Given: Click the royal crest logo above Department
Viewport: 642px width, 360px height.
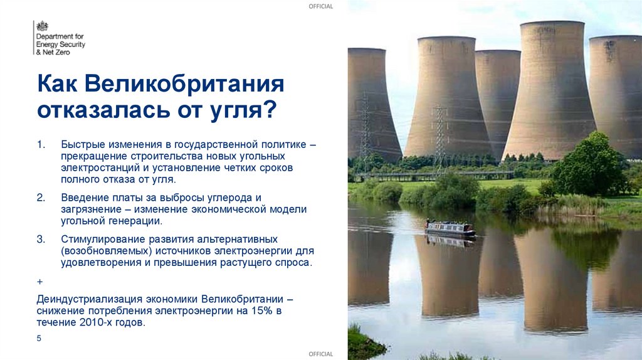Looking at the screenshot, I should (42, 27).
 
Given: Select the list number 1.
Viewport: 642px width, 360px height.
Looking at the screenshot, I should (41, 145).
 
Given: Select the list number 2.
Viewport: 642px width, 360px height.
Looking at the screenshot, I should (41, 198).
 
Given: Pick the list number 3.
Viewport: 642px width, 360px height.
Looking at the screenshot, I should (41, 240).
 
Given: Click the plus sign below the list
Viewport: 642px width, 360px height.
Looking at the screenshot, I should (39, 282).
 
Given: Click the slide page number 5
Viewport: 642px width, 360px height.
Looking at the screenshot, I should (39, 339).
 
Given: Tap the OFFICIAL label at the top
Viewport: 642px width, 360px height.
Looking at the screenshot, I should (321, 6).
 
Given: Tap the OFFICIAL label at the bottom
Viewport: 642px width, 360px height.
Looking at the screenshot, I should (321, 354).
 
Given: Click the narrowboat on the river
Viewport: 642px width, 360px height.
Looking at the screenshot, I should (450, 228).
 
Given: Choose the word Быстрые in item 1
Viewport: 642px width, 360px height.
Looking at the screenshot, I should (81, 145).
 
